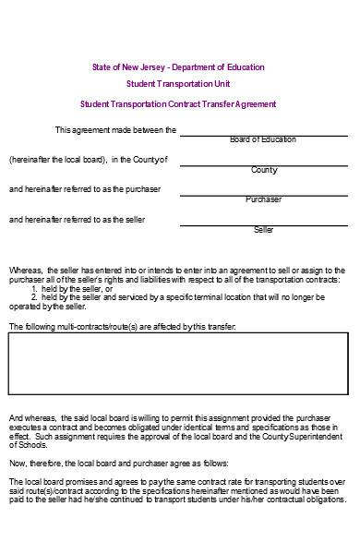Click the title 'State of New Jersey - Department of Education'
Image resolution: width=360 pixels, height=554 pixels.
[x=177, y=67]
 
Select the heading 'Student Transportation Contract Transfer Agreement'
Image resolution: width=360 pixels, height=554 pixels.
[x=177, y=105]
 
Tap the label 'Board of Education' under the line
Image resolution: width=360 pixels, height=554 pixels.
[x=263, y=139]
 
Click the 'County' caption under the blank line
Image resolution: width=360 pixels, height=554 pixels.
[x=264, y=170]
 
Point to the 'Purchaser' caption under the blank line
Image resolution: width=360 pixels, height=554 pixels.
[x=264, y=199]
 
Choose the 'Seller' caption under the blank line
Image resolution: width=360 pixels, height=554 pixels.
[x=264, y=229]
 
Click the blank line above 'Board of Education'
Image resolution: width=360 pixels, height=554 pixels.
[x=263, y=133]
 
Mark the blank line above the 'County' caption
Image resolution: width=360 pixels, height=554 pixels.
[x=263, y=163]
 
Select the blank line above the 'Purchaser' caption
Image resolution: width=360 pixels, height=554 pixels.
[x=263, y=193]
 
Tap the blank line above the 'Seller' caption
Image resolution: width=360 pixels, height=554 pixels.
[x=263, y=223]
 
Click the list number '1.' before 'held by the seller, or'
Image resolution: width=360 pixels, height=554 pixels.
[x=34, y=287]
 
